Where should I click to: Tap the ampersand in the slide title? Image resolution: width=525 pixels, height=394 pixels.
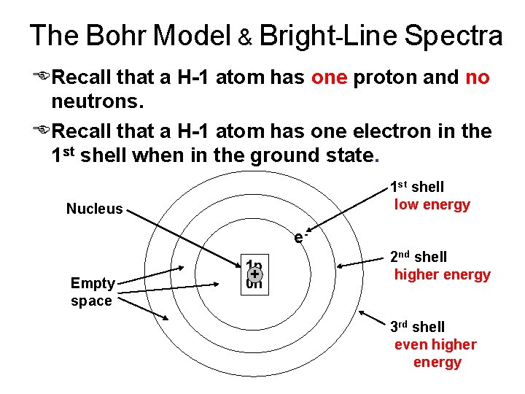click(x=246, y=37)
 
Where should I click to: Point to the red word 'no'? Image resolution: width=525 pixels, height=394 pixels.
click(x=477, y=77)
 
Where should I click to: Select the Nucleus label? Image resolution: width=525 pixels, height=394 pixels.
click(x=94, y=209)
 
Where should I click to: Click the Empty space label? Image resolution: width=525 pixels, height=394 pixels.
click(x=92, y=292)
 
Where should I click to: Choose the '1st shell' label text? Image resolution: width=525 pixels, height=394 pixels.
click(x=417, y=188)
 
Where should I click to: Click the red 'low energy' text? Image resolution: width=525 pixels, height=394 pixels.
click(x=432, y=205)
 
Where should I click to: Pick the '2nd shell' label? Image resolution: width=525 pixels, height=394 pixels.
click(x=418, y=257)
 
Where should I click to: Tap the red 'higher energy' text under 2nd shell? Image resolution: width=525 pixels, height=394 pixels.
click(x=442, y=275)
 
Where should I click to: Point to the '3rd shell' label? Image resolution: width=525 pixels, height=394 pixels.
click(x=416, y=327)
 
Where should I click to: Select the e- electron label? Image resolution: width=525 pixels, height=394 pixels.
click(x=300, y=236)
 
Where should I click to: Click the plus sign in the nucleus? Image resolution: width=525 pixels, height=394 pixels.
click(x=254, y=274)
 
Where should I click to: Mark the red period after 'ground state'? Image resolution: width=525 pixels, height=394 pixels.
click(x=376, y=156)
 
